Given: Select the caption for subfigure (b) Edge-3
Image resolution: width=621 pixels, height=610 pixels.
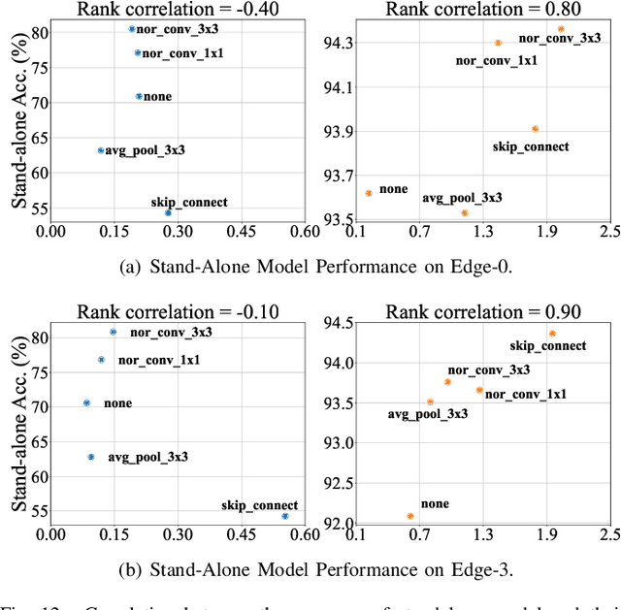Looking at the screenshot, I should point(310,569).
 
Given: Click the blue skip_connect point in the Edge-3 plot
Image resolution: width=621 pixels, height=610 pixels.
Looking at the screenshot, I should point(285,516).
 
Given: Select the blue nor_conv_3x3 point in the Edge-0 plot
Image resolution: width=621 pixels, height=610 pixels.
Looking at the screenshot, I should point(132,29).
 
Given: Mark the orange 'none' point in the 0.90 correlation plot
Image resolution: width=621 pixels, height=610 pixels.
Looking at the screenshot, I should point(410,516).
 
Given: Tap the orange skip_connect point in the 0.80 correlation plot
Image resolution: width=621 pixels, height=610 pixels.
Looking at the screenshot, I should point(535,129).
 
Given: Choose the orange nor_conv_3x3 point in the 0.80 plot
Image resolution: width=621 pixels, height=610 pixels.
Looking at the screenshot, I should point(561,29).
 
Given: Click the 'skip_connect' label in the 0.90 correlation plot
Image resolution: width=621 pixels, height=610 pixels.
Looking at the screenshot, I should point(548,346).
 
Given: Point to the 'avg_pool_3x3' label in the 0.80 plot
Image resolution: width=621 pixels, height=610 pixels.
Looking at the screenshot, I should point(462,198).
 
